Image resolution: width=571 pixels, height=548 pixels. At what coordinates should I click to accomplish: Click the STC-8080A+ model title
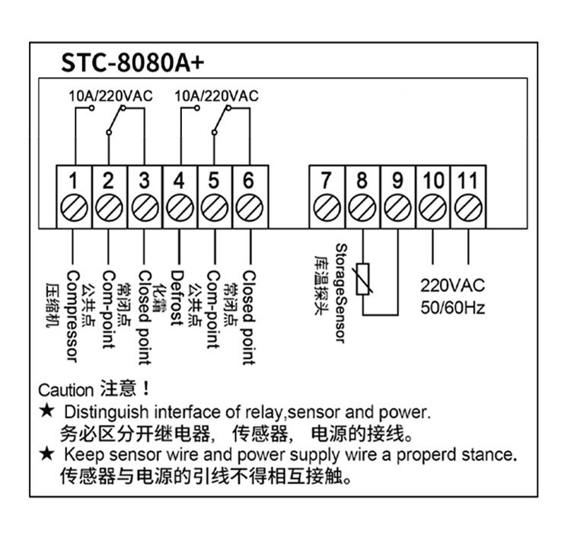pyautogui.click(x=132, y=62)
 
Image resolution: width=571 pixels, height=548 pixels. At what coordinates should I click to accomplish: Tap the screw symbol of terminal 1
pyautogui.click(x=74, y=208)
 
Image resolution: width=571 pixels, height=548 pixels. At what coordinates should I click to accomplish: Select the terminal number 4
pyautogui.click(x=179, y=181)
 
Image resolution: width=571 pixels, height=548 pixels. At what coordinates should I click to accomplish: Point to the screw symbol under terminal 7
pyautogui.click(x=327, y=208)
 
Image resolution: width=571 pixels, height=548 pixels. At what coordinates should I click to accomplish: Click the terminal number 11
pyautogui.click(x=467, y=181)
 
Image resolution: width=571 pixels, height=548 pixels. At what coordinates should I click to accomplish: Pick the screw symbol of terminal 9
pyautogui.click(x=397, y=208)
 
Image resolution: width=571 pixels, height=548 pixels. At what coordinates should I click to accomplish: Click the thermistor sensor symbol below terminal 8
pyautogui.click(x=362, y=279)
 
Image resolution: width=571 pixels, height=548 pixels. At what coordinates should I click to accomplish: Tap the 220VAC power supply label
pyautogui.click(x=453, y=286)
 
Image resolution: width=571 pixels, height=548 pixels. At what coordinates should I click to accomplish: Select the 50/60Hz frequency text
pyautogui.click(x=453, y=308)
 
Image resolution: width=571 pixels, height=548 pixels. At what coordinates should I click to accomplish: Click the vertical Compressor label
pyautogui.click(x=72, y=316)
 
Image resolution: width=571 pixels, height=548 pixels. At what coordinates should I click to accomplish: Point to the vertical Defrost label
pyautogui.click(x=177, y=298)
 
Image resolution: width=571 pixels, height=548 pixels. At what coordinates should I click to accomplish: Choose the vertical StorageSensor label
pyautogui.click(x=341, y=293)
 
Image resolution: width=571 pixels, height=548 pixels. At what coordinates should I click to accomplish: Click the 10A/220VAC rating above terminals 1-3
pyautogui.click(x=110, y=96)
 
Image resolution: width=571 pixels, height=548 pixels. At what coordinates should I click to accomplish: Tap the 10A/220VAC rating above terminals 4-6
pyautogui.click(x=216, y=96)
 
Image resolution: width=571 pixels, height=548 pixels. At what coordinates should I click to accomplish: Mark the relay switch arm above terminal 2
pyautogui.click(x=116, y=120)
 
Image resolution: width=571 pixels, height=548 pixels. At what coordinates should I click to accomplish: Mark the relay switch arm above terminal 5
pyautogui.click(x=221, y=120)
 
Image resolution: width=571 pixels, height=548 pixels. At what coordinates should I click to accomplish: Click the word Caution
pyautogui.click(x=66, y=390)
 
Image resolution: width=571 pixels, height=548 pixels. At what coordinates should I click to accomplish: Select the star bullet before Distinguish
pyautogui.click(x=47, y=412)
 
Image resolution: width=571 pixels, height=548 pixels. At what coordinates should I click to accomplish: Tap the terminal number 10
pyautogui.click(x=433, y=181)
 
